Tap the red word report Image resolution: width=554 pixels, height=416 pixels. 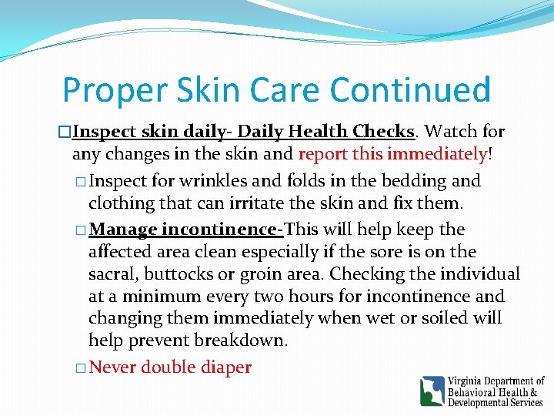323,154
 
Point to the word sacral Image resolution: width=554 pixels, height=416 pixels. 112,274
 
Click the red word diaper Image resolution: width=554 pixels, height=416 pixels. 227,367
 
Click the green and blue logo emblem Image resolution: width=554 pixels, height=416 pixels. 432,391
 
